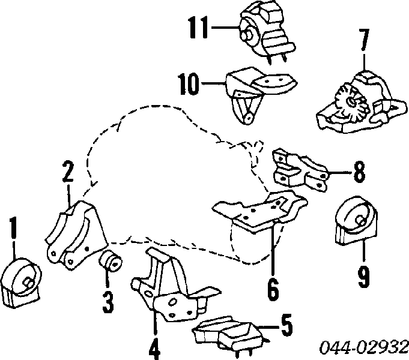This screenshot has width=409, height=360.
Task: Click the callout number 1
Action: (13, 230)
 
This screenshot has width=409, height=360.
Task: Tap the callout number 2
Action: (67, 172)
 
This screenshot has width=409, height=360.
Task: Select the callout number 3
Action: (108, 302)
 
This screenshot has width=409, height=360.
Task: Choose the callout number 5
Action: (286, 326)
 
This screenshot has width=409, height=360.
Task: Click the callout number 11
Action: (198, 26)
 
